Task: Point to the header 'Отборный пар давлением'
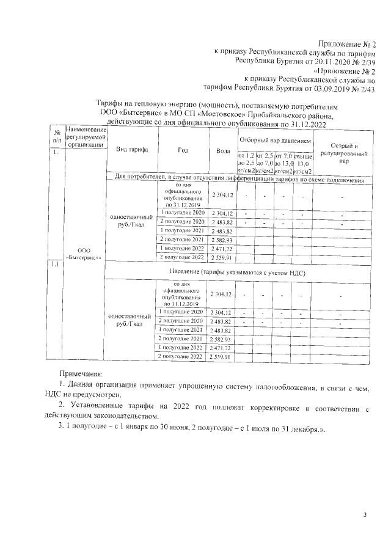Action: coord(274,141)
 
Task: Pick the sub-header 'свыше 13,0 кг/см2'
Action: coord(303,163)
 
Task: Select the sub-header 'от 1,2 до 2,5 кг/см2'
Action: coord(245,163)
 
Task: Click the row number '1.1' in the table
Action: coord(55,265)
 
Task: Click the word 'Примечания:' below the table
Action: coord(80,372)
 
